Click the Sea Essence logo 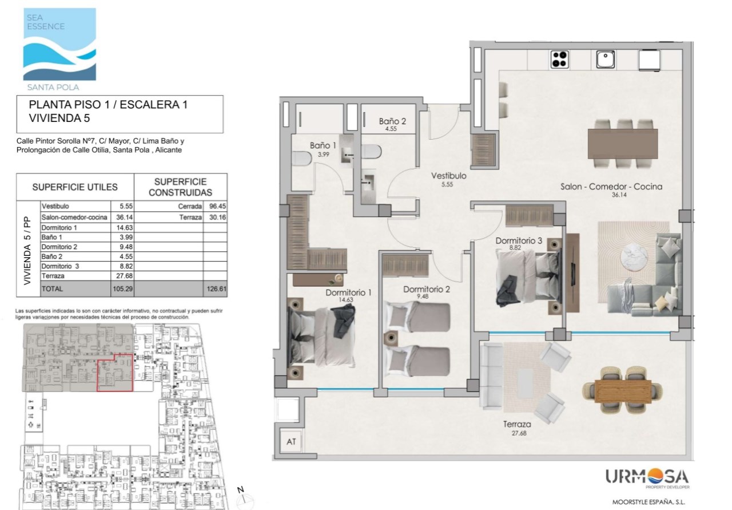(x=59, y=49)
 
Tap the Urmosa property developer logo (x=647, y=479)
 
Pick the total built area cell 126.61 (x=216, y=289)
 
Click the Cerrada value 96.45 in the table (x=217, y=207)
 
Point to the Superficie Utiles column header (x=75, y=187)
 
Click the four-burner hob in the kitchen (x=559, y=60)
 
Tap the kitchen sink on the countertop (x=605, y=60)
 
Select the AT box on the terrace (x=291, y=442)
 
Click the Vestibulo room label (x=449, y=176)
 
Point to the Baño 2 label (x=392, y=121)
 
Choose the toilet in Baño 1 (x=301, y=159)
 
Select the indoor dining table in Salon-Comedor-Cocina (x=623, y=144)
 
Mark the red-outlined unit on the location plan (x=115, y=373)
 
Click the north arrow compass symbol (x=244, y=497)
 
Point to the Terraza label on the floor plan (x=517, y=425)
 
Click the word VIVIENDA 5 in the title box (x=59, y=118)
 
